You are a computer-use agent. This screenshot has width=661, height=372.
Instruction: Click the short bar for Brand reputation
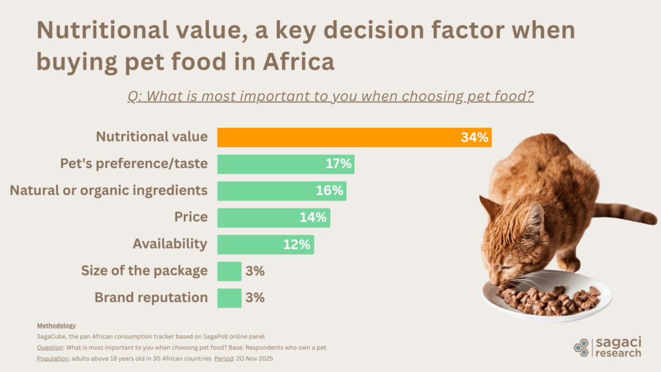click(x=229, y=298)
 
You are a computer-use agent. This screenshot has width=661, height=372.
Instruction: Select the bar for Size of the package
click(x=229, y=271)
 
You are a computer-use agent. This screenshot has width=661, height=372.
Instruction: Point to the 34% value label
click(x=474, y=137)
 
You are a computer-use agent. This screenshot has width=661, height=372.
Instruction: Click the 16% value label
click(x=330, y=191)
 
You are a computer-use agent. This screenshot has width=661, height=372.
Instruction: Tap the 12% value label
click(x=298, y=244)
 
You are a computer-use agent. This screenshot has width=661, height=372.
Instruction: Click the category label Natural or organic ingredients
click(x=108, y=191)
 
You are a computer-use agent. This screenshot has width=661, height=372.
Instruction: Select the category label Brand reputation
click(x=151, y=298)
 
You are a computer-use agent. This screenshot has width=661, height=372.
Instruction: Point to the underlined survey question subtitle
click(x=330, y=96)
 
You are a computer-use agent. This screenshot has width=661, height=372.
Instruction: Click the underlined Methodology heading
click(x=56, y=325)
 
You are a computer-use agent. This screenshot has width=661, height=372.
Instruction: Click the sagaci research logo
click(x=607, y=347)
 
